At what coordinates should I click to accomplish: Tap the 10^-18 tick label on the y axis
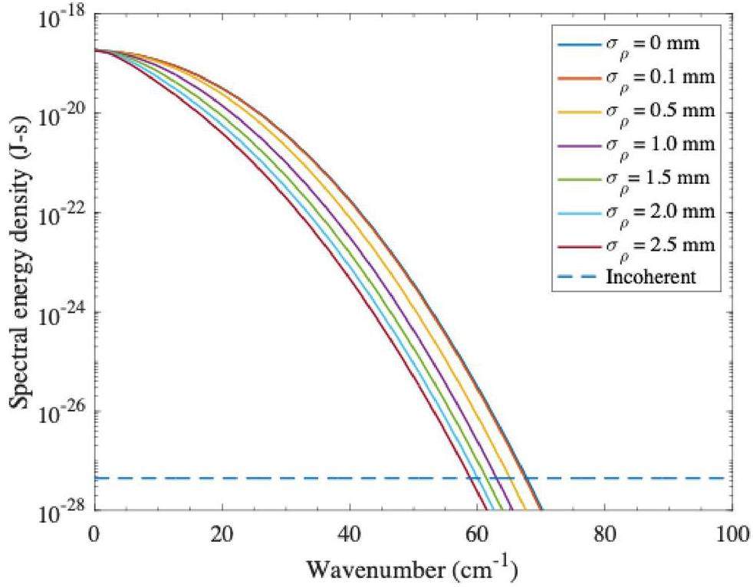click(x=61, y=17)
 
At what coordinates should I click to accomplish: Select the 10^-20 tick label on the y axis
click(x=61, y=115)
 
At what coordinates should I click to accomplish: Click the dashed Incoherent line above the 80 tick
click(x=604, y=478)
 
